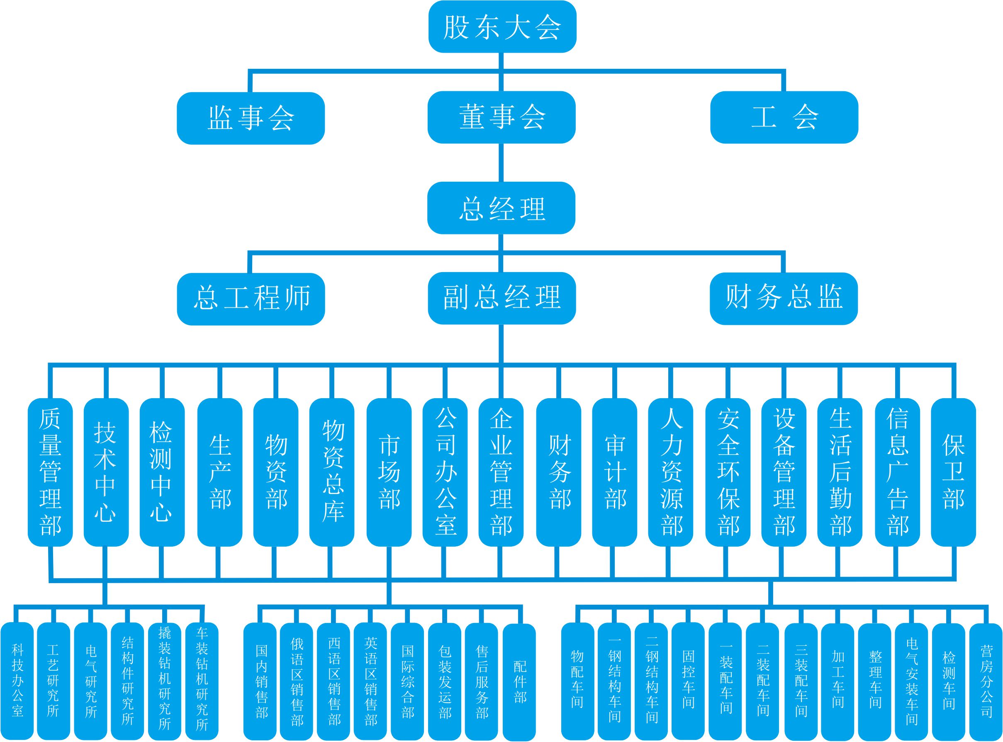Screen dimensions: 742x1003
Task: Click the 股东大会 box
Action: click(502, 27)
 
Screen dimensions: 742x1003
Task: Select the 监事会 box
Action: click(251, 118)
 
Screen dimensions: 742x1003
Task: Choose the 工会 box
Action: click(784, 117)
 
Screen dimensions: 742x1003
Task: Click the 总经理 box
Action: click(501, 208)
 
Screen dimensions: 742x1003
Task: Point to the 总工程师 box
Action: click(251, 299)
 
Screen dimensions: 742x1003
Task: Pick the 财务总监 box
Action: click(784, 298)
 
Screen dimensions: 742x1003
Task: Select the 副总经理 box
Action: click(502, 298)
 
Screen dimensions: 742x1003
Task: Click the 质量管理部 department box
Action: click(50, 472)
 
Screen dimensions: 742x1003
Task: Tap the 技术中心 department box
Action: click(106, 472)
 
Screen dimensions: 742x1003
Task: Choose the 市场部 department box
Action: click(389, 472)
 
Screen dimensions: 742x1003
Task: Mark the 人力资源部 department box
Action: click(671, 472)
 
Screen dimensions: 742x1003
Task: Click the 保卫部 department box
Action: click(954, 472)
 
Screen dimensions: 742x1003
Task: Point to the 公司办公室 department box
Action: click(445, 472)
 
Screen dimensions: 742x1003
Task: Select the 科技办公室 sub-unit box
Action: click(17, 681)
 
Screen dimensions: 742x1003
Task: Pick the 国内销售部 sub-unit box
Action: click(260, 681)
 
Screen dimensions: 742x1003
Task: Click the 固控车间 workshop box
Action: click(688, 681)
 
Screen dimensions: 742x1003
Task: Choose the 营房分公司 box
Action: click(986, 681)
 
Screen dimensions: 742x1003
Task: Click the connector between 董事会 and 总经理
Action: click(501, 163)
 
